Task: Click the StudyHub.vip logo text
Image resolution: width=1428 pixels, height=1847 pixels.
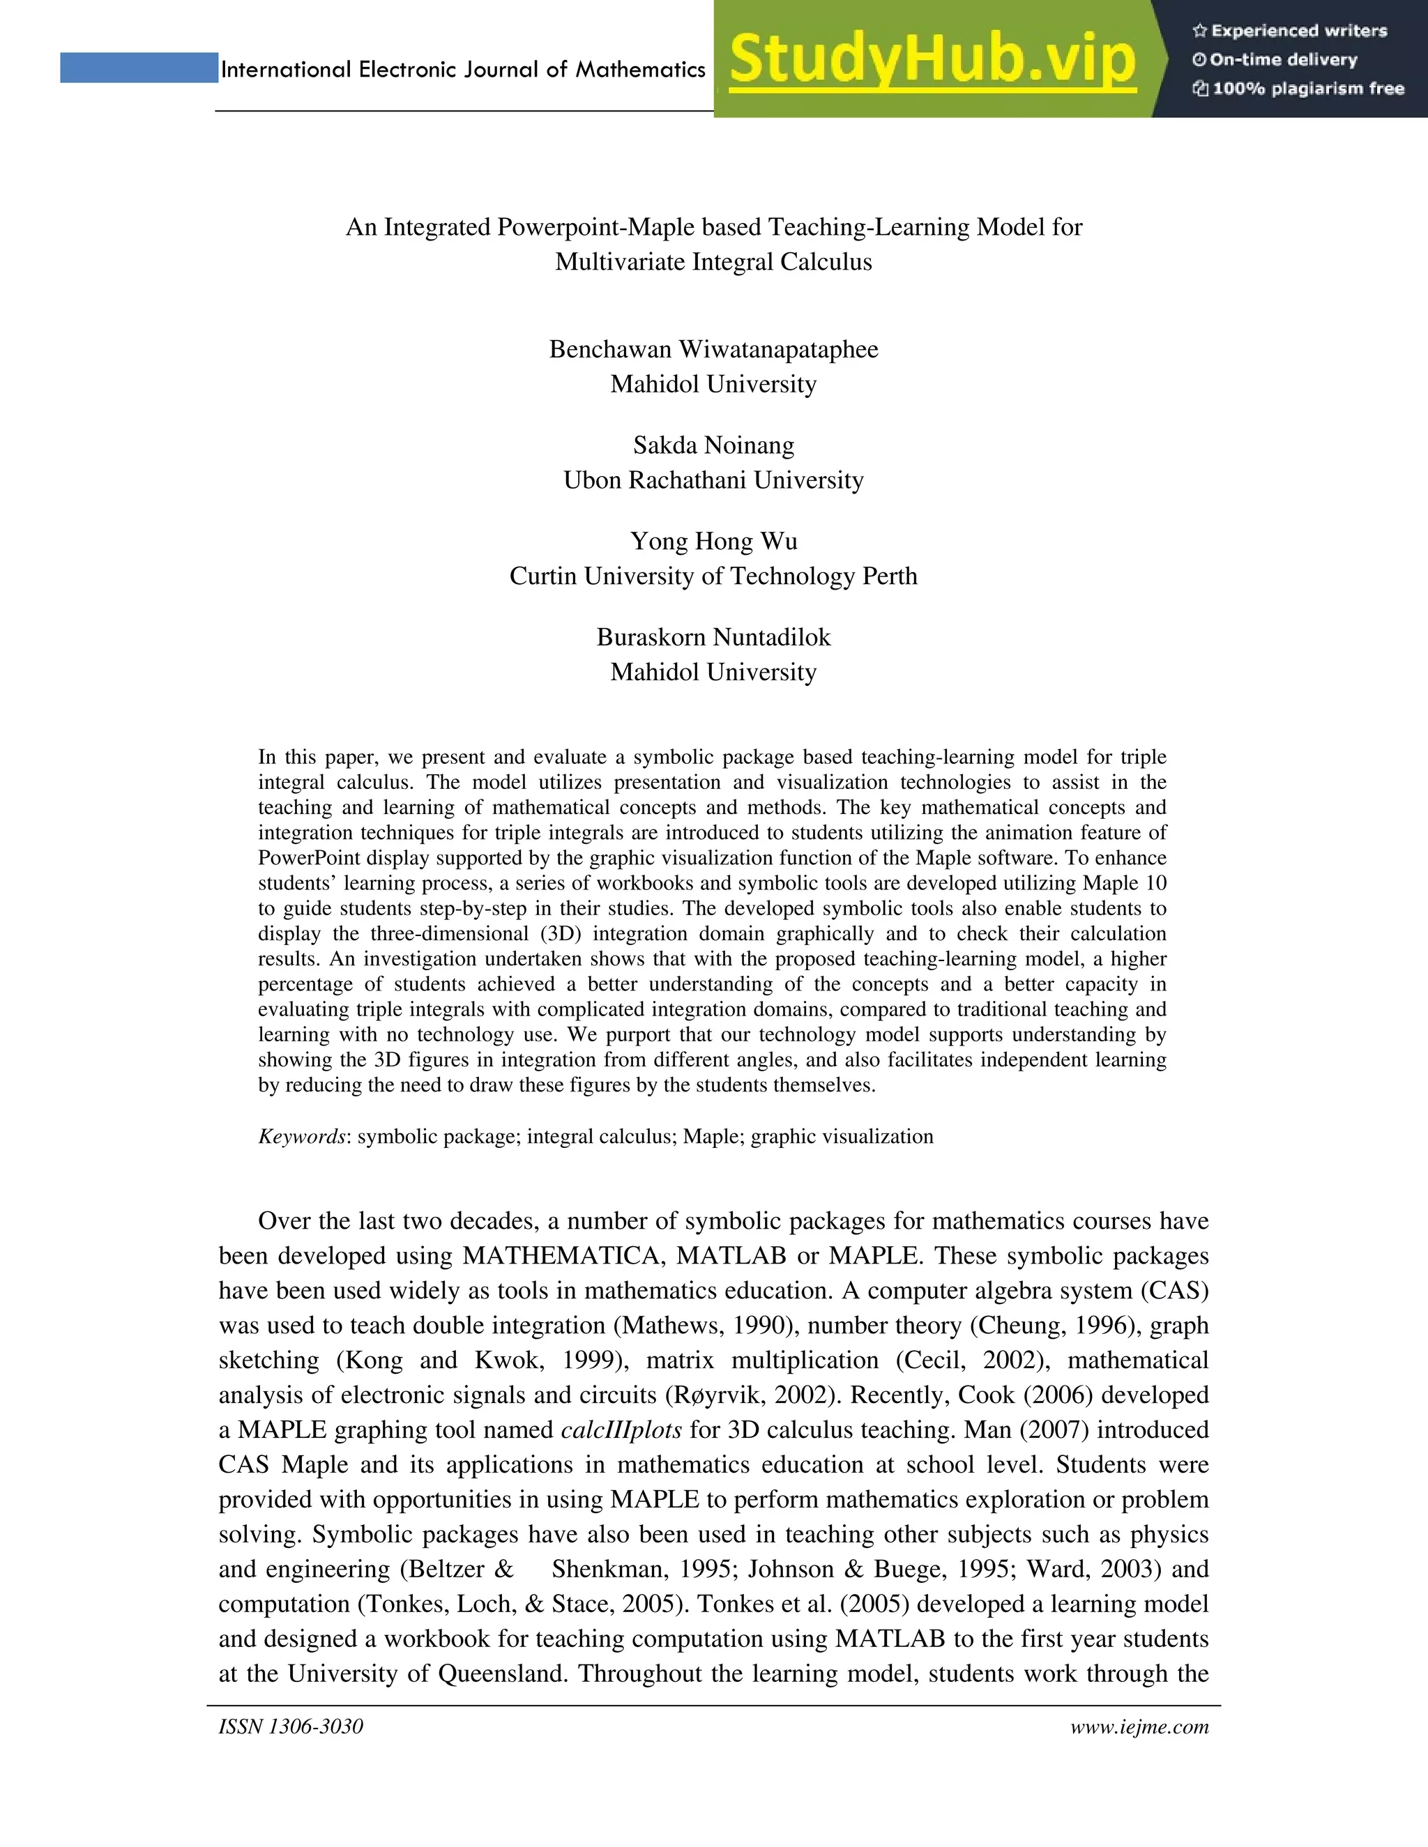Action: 932,59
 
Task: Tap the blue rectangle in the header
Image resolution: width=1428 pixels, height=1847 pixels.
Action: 139,68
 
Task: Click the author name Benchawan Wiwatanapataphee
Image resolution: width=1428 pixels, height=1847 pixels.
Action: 713,349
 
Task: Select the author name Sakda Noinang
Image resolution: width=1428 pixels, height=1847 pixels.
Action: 713,445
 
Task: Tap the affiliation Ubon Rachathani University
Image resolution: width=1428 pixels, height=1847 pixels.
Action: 713,480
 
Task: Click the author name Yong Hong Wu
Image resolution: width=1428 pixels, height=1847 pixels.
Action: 713,542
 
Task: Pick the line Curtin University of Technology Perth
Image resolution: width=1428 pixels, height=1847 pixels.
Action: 713,576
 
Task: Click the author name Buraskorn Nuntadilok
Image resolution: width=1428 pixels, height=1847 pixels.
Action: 713,637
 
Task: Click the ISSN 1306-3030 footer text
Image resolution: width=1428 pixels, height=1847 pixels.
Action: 290,1726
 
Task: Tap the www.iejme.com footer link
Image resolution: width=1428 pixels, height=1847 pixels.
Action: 1139,1726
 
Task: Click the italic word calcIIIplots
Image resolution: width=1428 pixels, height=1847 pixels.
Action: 621,1430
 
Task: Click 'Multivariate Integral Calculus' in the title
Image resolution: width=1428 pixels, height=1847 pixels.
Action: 713,262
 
